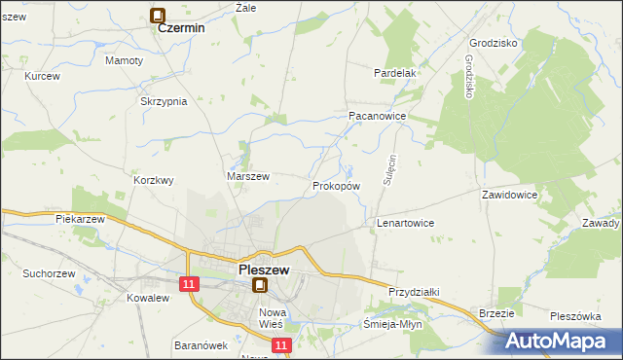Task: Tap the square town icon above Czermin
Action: coord(158,15)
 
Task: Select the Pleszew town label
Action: coord(262,271)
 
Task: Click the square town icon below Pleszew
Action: coord(260,285)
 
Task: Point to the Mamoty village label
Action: coord(124,60)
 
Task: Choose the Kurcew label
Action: coord(43,76)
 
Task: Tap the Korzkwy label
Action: coord(154,180)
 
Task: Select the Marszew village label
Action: coord(247,176)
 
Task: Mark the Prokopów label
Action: coord(337,185)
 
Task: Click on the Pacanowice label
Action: coord(377,115)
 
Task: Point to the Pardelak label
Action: coord(395,73)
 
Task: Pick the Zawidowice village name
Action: coord(510,195)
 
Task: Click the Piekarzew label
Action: coord(80,220)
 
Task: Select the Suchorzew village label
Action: coord(51,274)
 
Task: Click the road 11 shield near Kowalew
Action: coord(189,282)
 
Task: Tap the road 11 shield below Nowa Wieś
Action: coord(281,344)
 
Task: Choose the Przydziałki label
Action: coord(415,292)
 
